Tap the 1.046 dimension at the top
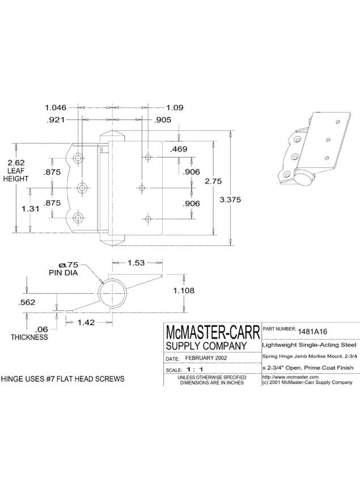56,107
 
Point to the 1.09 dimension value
175,107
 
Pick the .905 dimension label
163,120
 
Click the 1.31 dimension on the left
31,208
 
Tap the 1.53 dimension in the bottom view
137,263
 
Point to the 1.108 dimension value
184,291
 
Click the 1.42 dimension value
87,322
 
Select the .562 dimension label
27,302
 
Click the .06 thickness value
41,329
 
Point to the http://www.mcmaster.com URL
290,377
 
